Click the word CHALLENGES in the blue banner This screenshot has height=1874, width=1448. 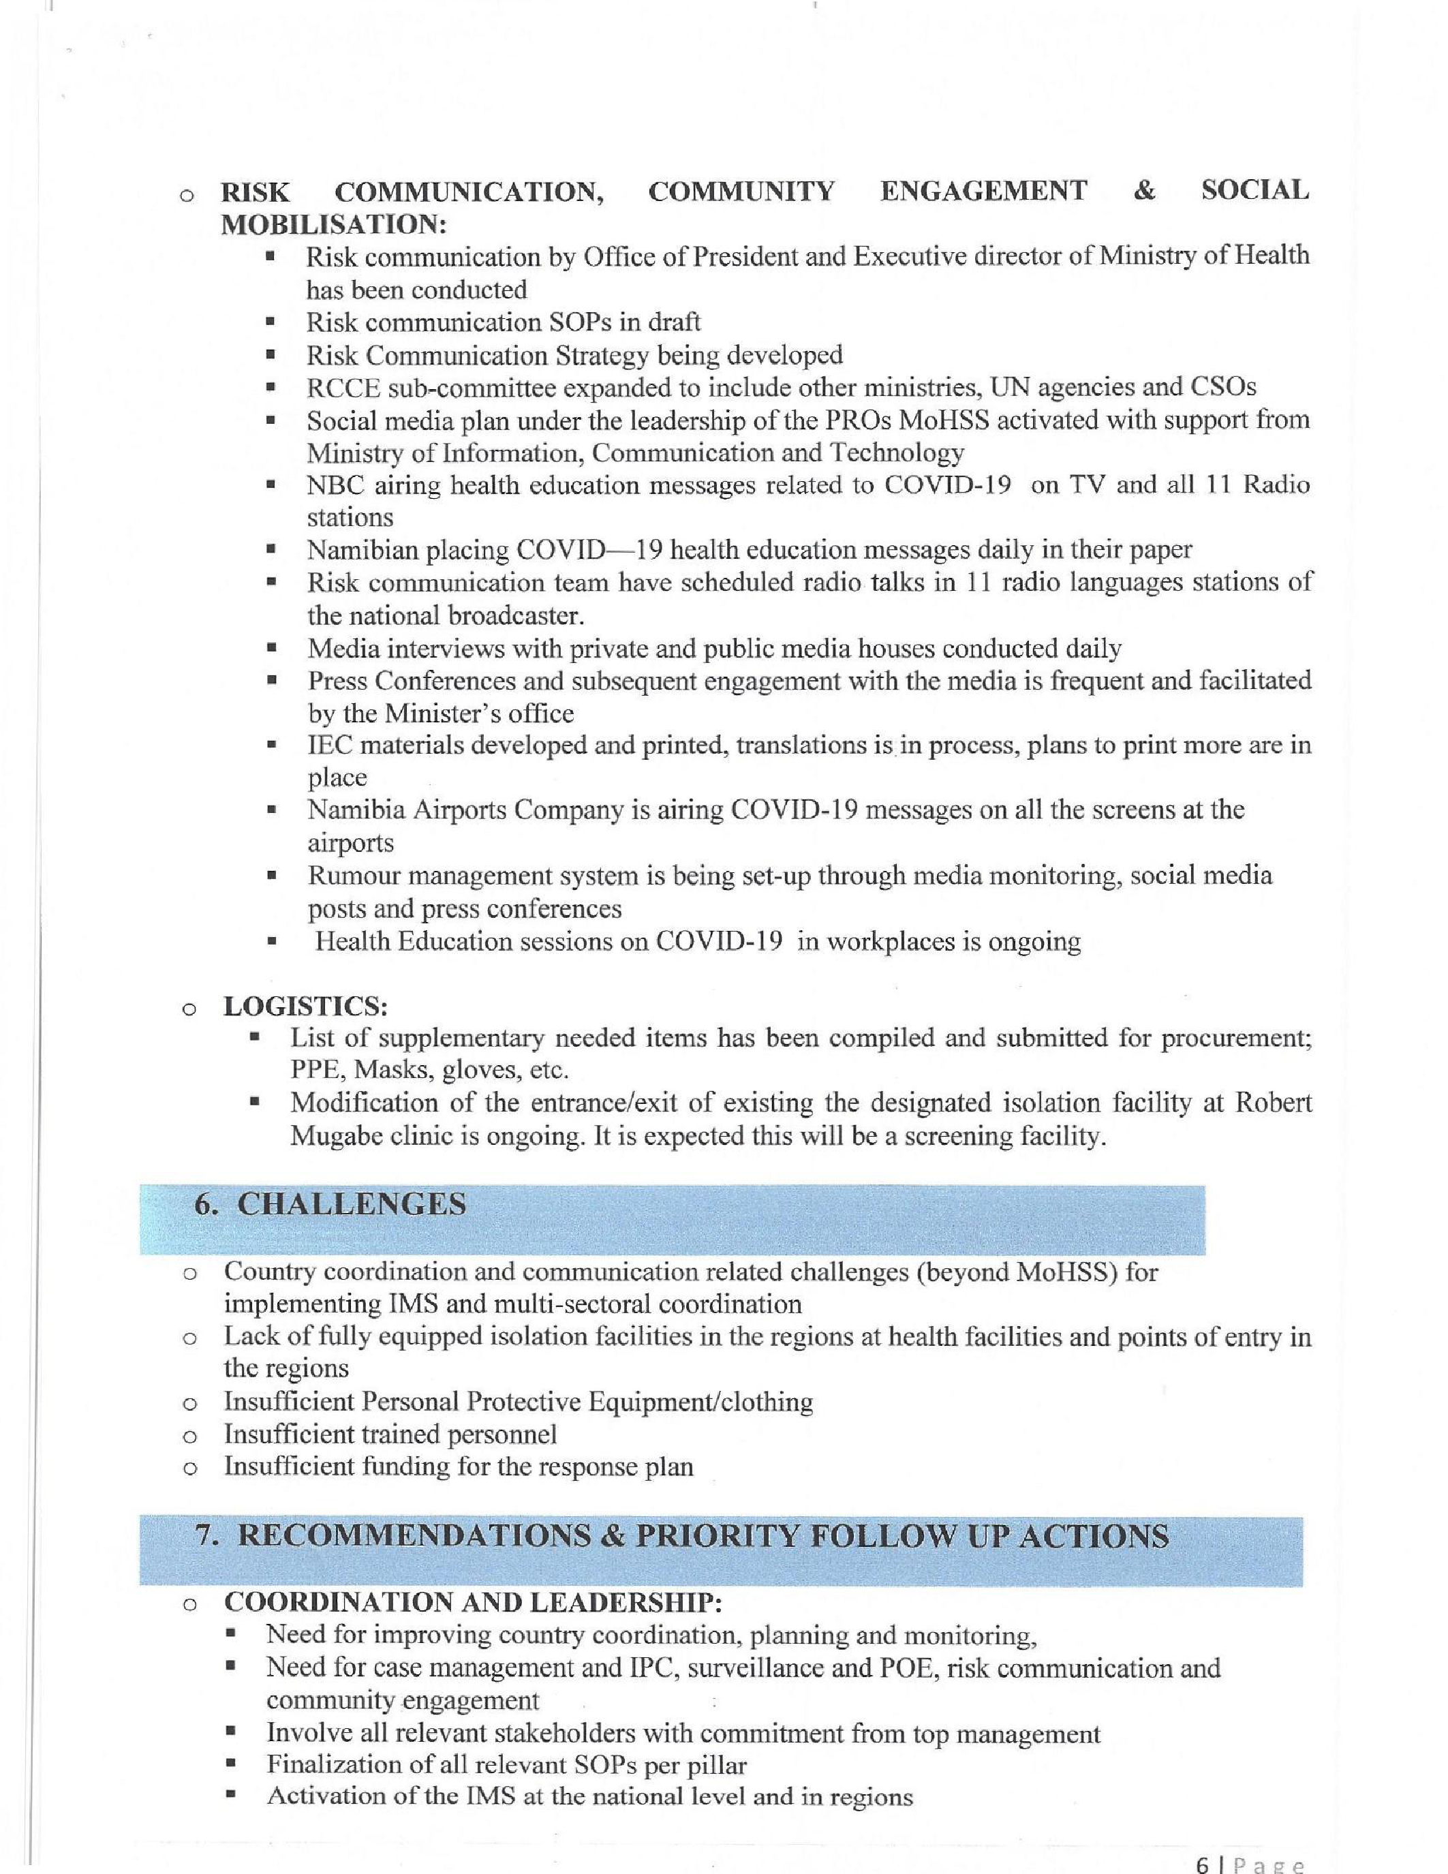point(352,1205)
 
